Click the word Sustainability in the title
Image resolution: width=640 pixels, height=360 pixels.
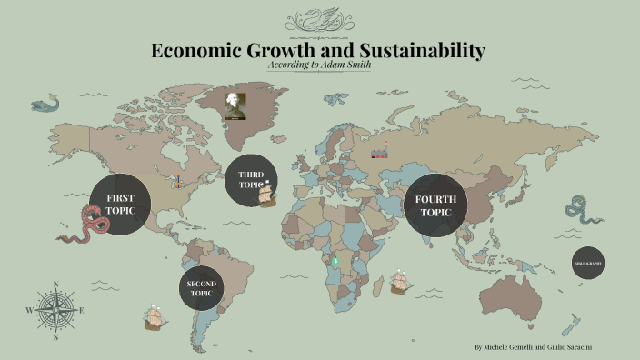422,51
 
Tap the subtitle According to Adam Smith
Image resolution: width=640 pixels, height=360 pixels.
320,65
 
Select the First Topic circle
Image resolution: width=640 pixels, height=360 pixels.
120,205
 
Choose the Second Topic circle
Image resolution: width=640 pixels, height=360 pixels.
201,288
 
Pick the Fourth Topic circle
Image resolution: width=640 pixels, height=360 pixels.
435,205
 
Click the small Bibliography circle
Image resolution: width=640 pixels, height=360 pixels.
587,263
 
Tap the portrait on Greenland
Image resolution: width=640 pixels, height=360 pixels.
236,105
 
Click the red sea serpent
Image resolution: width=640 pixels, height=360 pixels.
85,226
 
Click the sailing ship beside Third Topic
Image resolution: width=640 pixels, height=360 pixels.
267,195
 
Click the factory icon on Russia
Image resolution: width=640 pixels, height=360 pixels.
380,151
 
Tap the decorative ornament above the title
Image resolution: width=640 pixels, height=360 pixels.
319,20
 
